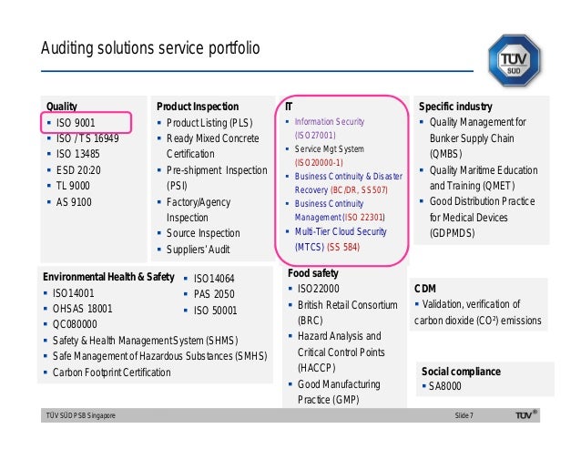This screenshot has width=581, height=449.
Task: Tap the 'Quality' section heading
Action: (x=62, y=107)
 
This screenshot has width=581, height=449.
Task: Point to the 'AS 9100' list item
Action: (x=74, y=201)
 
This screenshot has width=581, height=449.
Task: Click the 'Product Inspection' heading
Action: (x=198, y=107)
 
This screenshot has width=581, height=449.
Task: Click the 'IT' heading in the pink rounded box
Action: (x=289, y=107)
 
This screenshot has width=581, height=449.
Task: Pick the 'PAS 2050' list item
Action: (x=214, y=294)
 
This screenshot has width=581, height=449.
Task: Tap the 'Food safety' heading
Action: (x=313, y=272)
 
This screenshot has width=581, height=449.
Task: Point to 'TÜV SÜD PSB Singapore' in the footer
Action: (x=81, y=416)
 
